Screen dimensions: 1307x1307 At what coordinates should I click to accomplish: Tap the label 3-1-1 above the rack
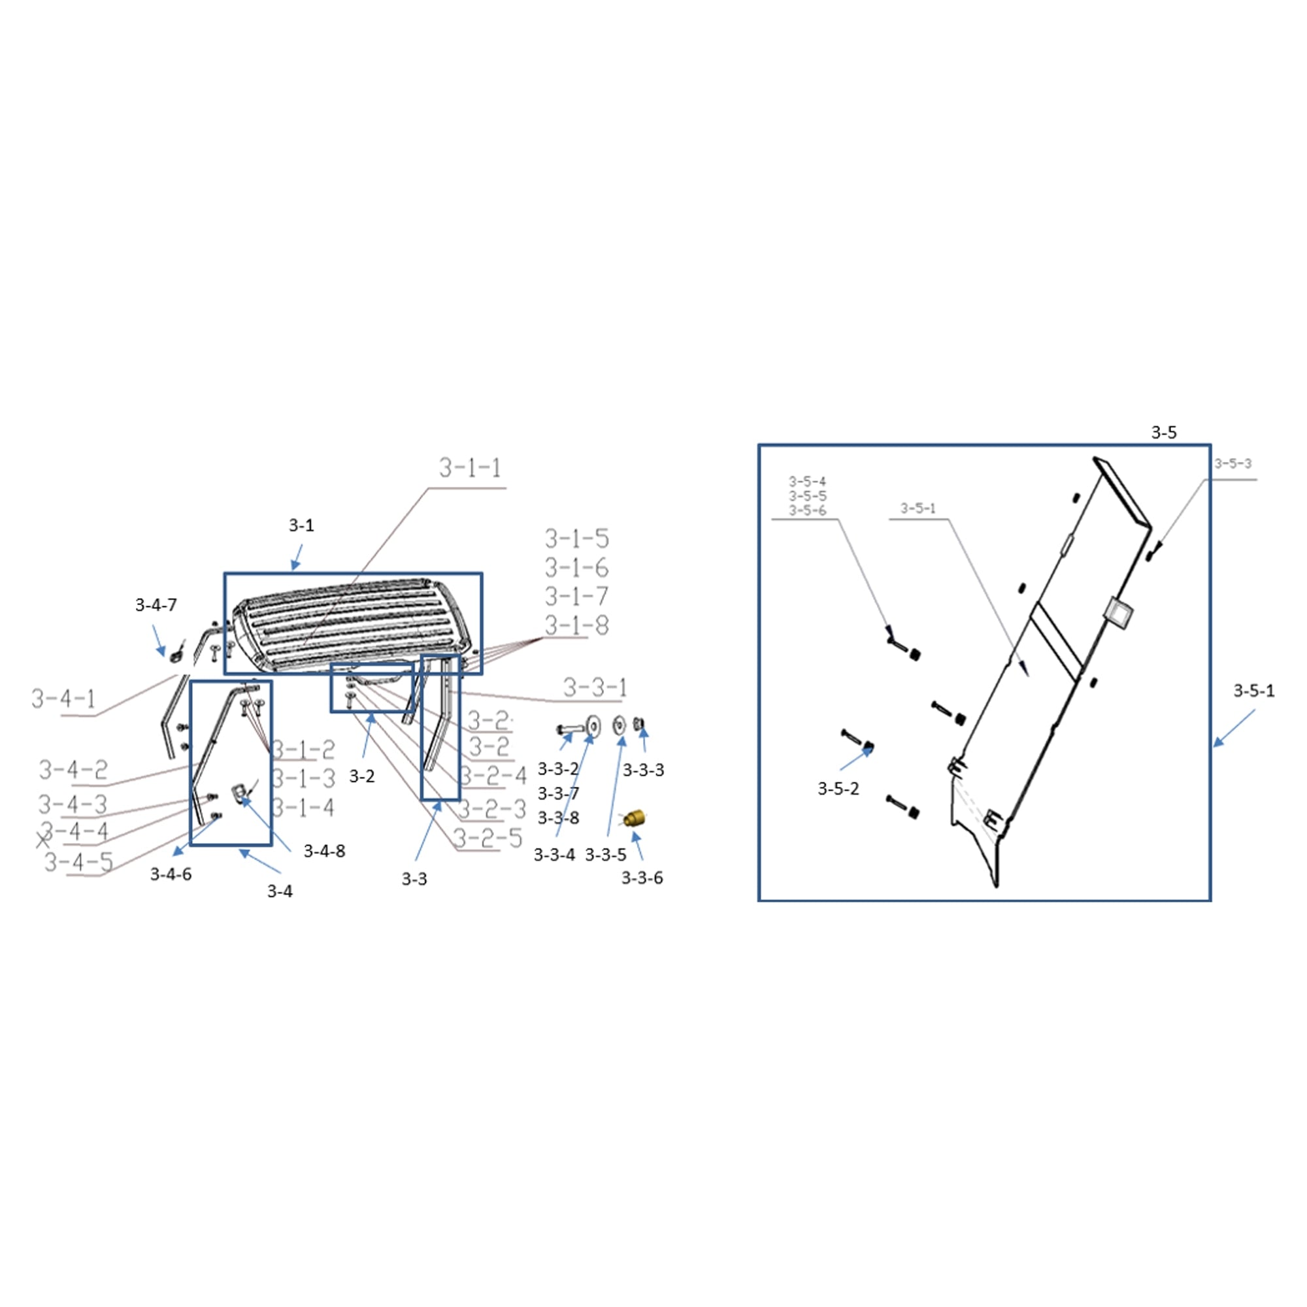tap(470, 468)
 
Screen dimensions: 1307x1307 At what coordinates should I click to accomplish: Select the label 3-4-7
tap(156, 604)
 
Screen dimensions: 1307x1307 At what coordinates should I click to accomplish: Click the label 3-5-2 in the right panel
tap(838, 788)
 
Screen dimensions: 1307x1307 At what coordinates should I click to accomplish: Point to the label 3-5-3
tap(1233, 463)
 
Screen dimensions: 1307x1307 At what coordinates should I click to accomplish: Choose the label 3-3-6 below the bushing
tap(642, 878)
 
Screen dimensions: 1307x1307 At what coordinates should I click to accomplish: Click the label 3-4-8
tap(324, 851)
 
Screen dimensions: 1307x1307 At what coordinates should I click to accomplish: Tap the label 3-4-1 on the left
tap(63, 698)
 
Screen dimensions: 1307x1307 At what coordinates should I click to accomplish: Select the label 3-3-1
tap(595, 688)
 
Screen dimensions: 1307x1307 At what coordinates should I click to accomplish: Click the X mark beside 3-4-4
tap(43, 841)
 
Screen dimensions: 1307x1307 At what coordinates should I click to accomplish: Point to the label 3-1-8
tap(576, 626)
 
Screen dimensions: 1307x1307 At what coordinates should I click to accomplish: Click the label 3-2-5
tap(488, 838)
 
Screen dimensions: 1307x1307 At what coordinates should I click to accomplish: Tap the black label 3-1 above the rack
tap(301, 525)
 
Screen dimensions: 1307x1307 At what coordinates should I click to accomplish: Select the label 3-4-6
tap(171, 874)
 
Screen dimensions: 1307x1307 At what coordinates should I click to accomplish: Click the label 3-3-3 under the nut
tap(643, 770)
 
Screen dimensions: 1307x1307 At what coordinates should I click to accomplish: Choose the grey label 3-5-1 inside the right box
tap(918, 508)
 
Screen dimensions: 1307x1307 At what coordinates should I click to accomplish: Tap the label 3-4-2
tap(73, 770)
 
